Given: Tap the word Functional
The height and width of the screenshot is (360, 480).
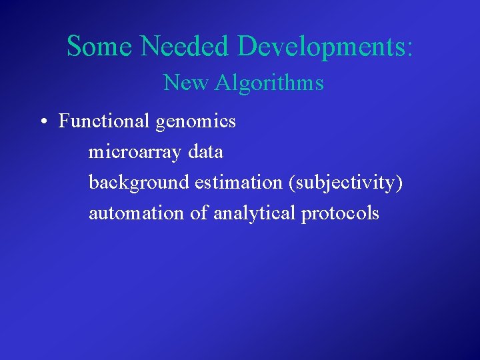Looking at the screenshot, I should [105, 121].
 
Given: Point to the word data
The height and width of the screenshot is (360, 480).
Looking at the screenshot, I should [205, 151].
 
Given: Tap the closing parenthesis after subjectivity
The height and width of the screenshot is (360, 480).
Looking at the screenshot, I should [399, 183].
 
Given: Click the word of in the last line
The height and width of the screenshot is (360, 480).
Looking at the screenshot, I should [199, 213].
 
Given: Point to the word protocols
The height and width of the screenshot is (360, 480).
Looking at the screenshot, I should [340, 214].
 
